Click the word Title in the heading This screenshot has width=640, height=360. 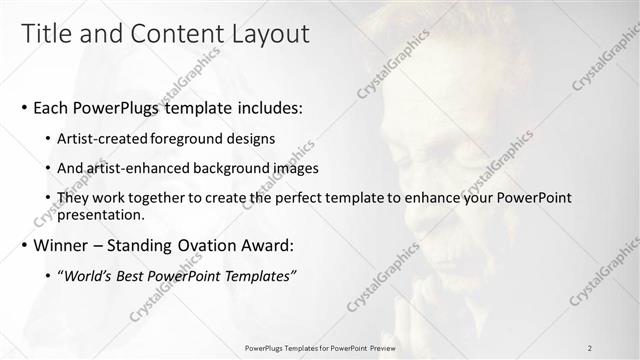(x=47, y=34)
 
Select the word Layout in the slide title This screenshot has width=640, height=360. (x=266, y=34)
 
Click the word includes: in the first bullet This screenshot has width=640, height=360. (x=267, y=107)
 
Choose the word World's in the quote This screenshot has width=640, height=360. (x=95, y=276)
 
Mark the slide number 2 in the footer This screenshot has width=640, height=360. (x=590, y=348)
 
